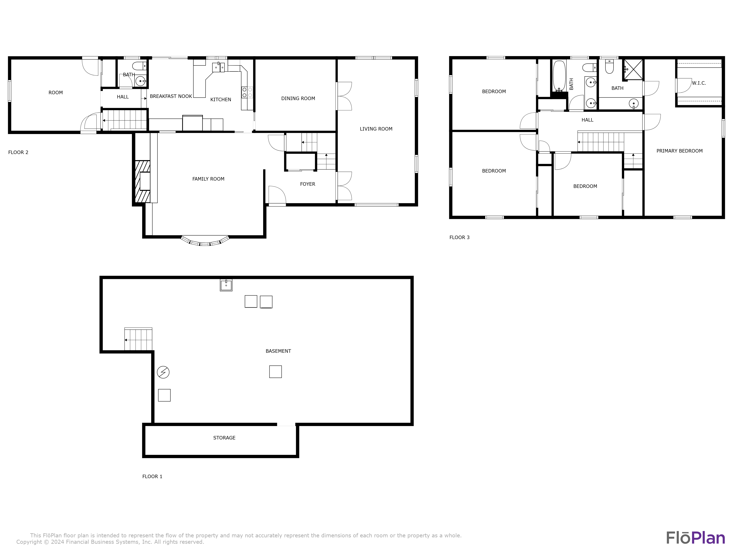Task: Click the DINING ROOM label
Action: pos(298,98)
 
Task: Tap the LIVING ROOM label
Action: pos(376,129)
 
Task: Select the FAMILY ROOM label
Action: pos(208,179)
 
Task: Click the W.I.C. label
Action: pos(699,83)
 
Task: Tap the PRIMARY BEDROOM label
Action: pos(679,151)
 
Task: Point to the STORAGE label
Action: pos(224,438)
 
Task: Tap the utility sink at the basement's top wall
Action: pos(226,285)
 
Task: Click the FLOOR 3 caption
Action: pos(459,237)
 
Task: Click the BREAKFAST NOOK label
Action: pos(171,96)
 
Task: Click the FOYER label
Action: pos(307,184)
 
